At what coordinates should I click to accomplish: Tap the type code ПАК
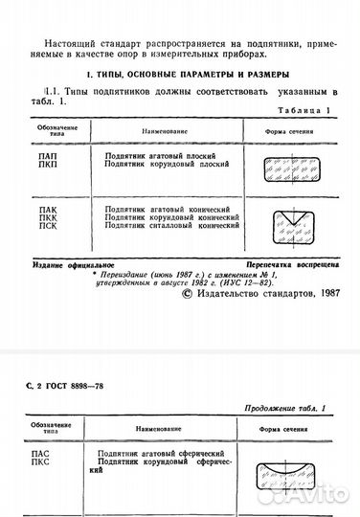42,208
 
